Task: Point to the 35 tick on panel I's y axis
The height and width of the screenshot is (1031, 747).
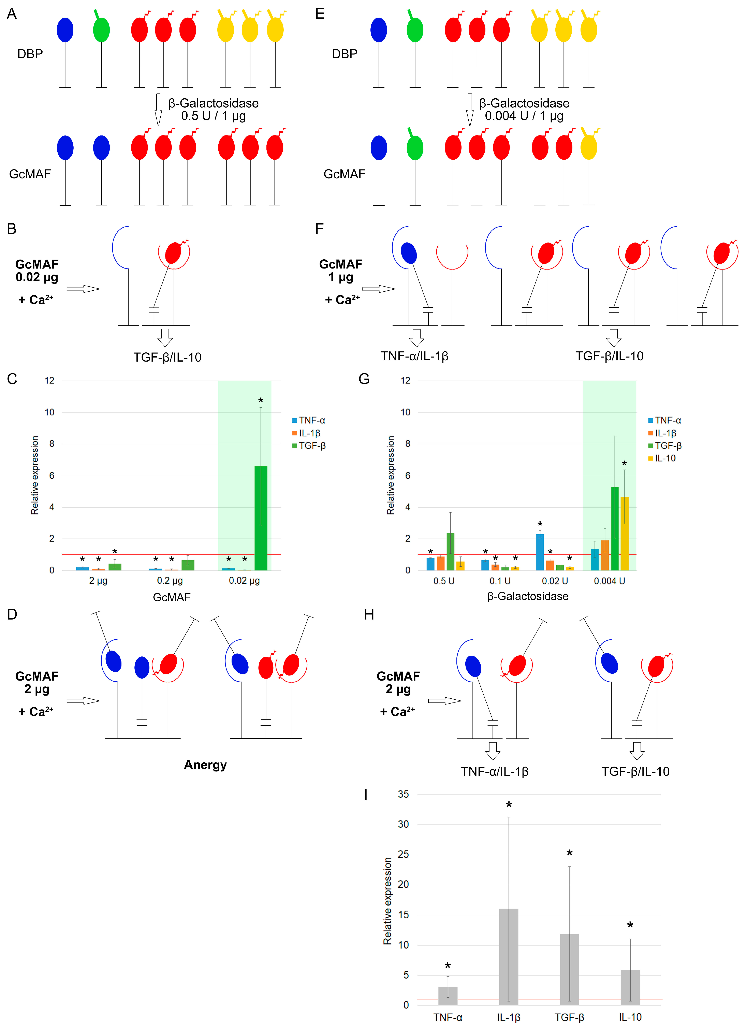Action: click(x=403, y=794)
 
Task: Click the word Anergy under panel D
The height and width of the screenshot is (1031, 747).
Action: click(x=205, y=765)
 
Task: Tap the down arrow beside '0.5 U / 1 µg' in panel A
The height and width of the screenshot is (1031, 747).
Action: click(x=158, y=109)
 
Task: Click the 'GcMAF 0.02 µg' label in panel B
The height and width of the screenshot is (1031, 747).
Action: click(x=37, y=271)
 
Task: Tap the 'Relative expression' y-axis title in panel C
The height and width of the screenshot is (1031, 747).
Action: click(x=34, y=475)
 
